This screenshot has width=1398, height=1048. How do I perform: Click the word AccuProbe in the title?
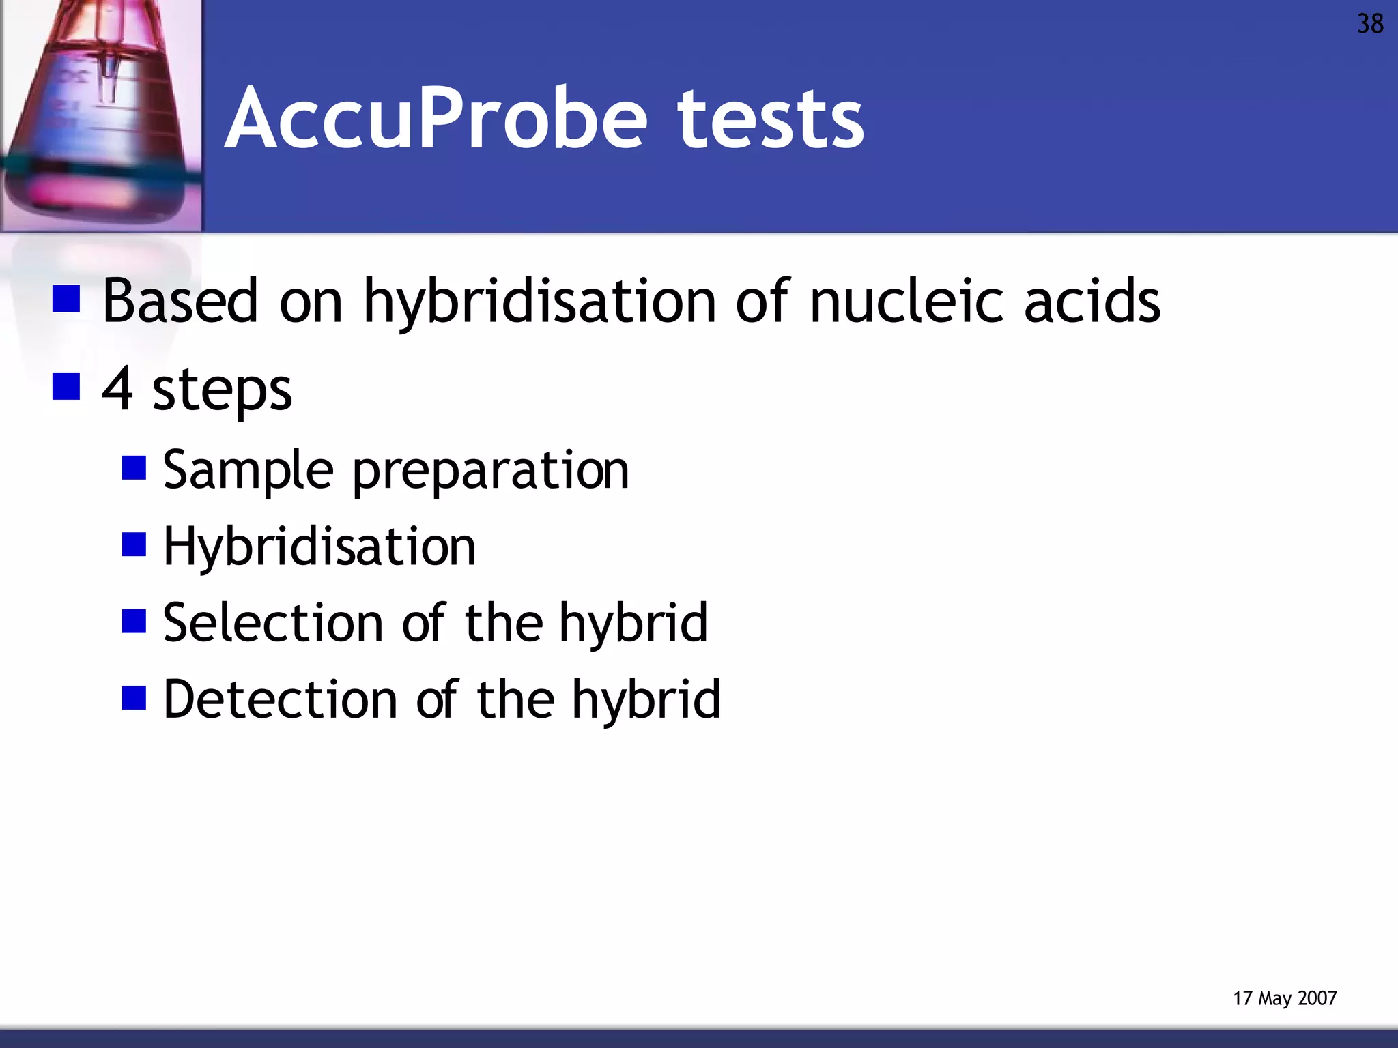click(x=436, y=119)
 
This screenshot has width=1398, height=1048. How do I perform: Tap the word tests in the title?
click(x=771, y=120)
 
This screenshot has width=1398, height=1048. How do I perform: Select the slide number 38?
click(x=1369, y=25)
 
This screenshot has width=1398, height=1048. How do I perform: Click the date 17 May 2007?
click(x=1284, y=998)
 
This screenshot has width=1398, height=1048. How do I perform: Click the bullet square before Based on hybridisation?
click(x=66, y=299)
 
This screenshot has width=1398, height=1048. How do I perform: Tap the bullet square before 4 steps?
click(x=66, y=386)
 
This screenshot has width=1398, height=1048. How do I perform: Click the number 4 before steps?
click(x=117, y=388)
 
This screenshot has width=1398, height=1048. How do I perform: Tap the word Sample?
click(x=248, y=471)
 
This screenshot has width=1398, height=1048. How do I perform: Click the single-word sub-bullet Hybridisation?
click(x=319, y=547)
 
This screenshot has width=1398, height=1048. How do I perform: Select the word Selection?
click(x=273, y=623)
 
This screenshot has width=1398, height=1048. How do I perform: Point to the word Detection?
click(x=281, y=699)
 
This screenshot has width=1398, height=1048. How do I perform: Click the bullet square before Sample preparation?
click(x=134, y=469)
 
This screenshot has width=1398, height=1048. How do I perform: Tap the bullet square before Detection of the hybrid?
click(x=134, y=698)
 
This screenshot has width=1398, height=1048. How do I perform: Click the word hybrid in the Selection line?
click(x=633, y=623)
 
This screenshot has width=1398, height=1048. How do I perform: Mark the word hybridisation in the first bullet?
click(x=539, y=302)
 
